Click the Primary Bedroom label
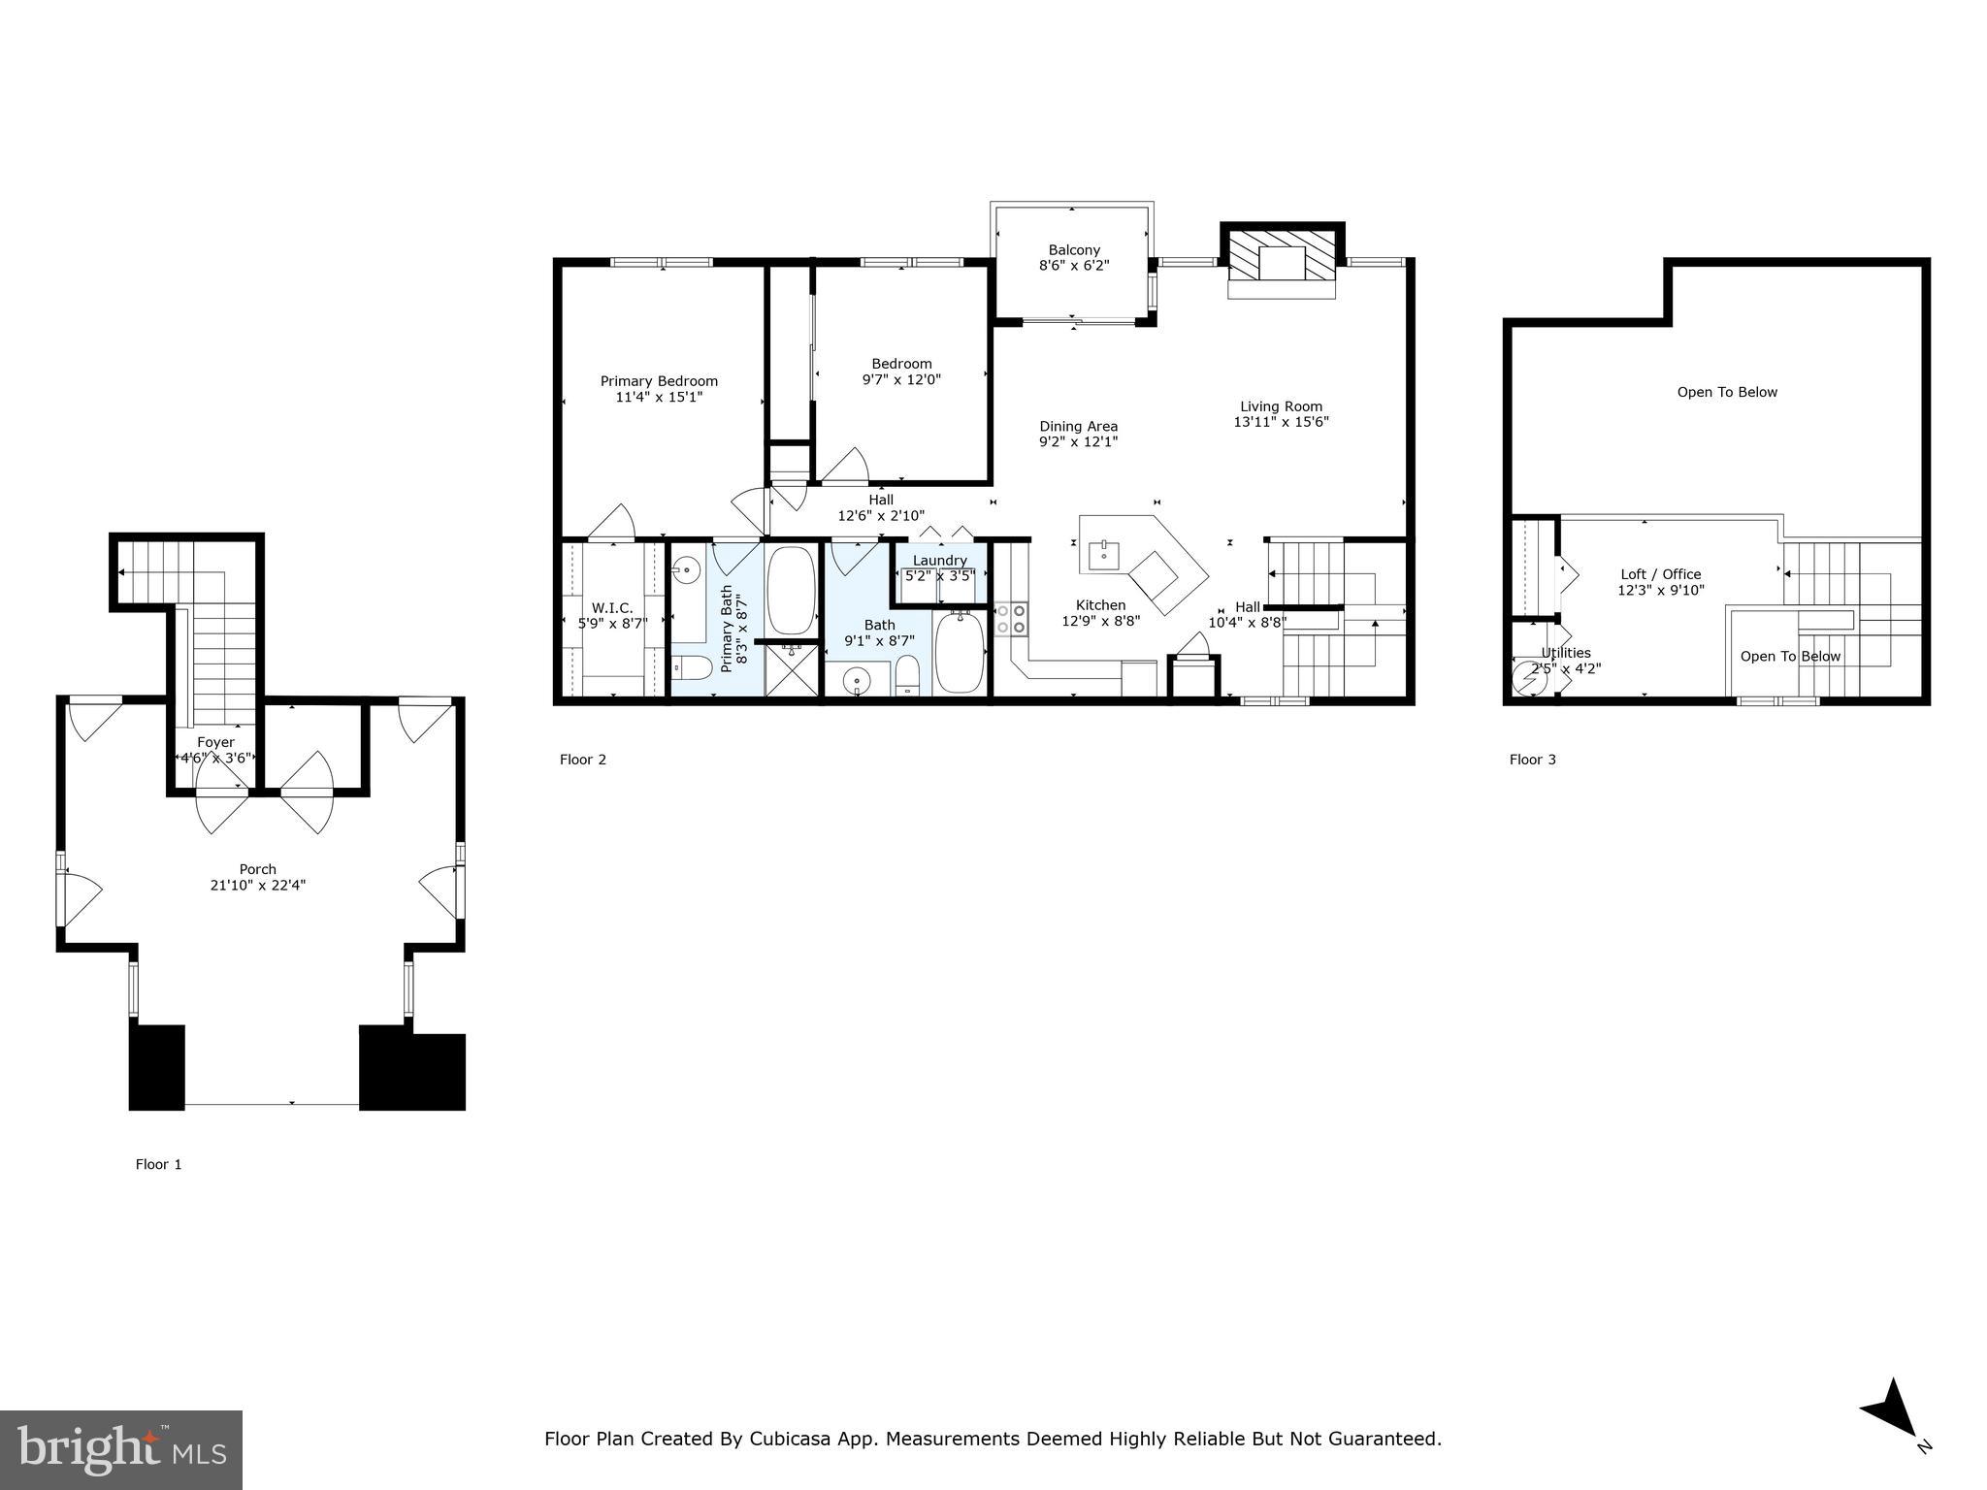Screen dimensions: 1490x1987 point(659,381)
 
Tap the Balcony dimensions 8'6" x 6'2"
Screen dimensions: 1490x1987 point(1073,266)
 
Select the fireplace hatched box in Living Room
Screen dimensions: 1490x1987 point(1282,264)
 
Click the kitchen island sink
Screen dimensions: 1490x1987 point(1104,555)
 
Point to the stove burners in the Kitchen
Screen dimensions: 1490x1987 point(1010,619)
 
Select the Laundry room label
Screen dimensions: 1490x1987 point(939,561)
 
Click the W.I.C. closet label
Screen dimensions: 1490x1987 point(612,608)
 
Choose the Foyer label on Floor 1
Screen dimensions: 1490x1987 point(215,742)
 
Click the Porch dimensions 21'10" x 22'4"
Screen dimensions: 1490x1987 point(258,885)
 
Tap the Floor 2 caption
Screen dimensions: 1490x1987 point(583,760)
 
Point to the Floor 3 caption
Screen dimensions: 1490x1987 point(1532,760)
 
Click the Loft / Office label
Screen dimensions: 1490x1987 point(1661,574)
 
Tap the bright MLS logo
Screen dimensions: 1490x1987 point(121,1449)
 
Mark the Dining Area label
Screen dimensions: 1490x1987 point(1078,426)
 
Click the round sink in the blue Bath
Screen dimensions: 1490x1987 point(858,681)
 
